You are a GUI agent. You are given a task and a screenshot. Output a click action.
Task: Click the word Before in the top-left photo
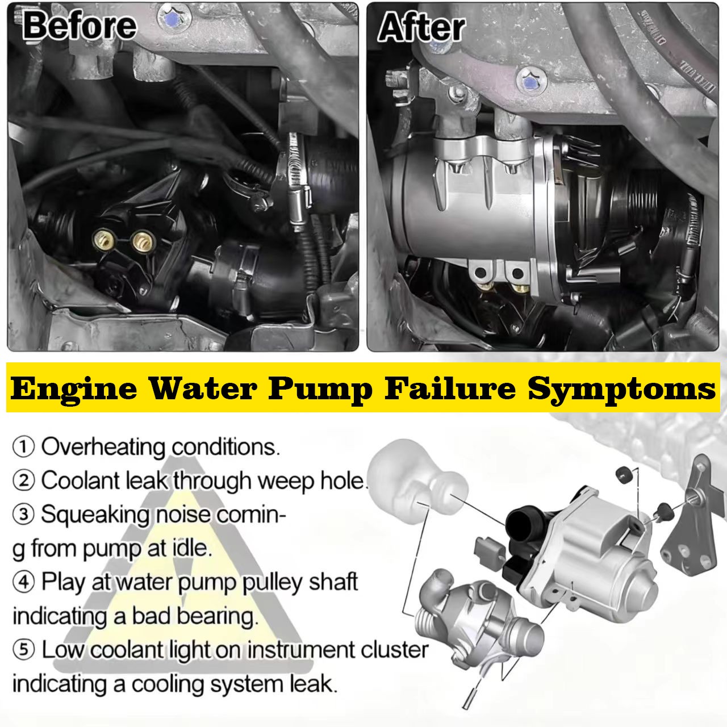(x=80, y=26)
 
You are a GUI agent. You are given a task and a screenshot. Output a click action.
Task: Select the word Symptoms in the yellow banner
(x=621, y=390)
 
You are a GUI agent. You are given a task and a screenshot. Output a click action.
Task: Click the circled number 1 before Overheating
(x=23, y=447)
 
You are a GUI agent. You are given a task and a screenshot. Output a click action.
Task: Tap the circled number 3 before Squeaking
(x=23, y=515)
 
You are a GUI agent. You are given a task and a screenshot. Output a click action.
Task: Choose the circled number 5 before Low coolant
(x=23, y=650)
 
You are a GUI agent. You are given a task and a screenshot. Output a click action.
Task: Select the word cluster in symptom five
(x=392, y=650)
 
